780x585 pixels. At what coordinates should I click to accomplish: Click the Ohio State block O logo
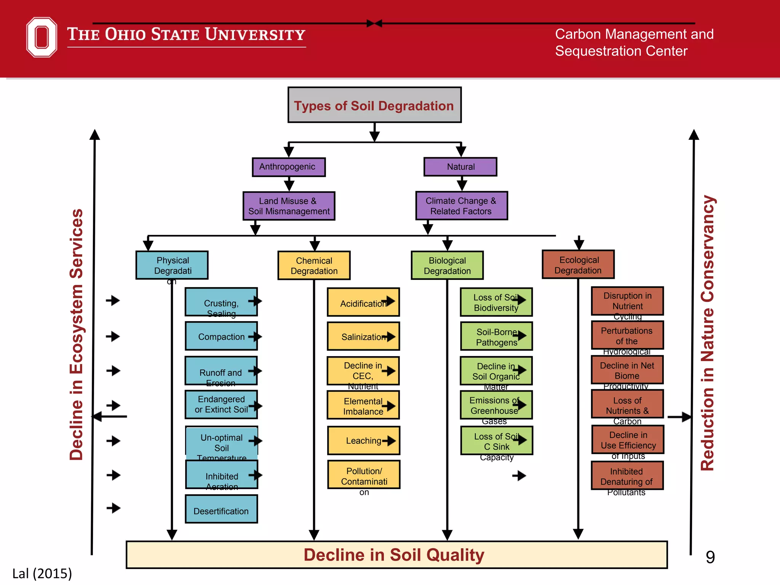[42, 37]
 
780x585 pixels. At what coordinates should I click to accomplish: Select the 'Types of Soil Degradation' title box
[374, 105]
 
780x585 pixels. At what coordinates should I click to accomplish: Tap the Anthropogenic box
[289, 167]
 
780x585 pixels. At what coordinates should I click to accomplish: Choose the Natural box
[460, 167]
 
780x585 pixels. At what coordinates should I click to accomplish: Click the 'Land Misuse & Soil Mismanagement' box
[289, 206]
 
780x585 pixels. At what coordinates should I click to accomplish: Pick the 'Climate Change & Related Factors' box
[461, 206]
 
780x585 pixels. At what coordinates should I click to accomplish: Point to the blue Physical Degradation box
[172, 265]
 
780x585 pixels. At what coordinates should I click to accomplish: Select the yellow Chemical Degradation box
[314, 265]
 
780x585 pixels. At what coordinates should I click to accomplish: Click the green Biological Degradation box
[447, 265]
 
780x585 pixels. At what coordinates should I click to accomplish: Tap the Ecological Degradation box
[578, 265]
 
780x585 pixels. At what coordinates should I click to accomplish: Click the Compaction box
[221, 336]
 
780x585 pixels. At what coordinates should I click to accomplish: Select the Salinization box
[363, 337]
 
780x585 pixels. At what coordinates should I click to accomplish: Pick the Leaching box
[363, 441]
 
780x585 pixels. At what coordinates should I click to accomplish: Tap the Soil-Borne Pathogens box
[496, 337]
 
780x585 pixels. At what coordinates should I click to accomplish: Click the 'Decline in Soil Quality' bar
[396, 555]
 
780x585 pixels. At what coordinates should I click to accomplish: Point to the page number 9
[710, 557]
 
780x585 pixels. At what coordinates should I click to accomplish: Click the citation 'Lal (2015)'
[42, 573]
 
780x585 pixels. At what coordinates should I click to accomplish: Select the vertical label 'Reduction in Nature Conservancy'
[708, 333]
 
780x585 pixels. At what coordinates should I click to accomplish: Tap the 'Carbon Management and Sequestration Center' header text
[634, 42]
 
